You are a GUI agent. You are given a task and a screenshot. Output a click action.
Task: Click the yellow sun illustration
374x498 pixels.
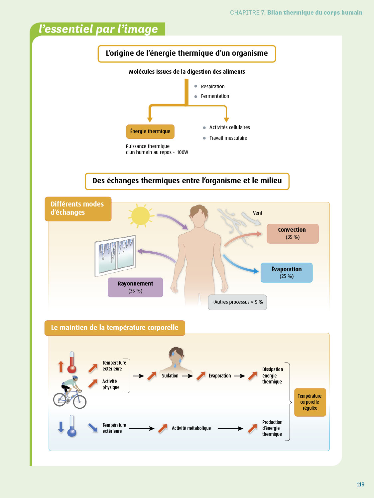pos(141,216)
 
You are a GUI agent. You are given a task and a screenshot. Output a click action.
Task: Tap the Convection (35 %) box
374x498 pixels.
pos(293,233)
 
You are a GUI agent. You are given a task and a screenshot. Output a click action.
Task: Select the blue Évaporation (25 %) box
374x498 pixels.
pos(286,273)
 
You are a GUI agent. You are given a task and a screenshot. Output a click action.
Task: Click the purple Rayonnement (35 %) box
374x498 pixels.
pos(135,287)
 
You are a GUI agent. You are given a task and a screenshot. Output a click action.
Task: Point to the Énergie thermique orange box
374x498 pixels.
pos(150,131)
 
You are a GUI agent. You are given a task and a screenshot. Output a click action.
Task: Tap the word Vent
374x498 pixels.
pos(257,213)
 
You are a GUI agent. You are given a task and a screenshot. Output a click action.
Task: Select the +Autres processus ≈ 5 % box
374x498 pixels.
pos(237,302)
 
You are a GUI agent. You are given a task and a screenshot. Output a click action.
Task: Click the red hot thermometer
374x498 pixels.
pos(72,363)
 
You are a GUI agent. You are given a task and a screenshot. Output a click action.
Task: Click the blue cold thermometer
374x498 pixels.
pos(72,426)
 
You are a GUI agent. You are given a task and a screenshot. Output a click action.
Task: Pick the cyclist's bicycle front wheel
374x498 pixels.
pos(80,402)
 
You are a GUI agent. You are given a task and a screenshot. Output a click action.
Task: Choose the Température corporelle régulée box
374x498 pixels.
pos(310,402)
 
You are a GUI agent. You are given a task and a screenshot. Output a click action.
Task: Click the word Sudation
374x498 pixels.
pos(170,376)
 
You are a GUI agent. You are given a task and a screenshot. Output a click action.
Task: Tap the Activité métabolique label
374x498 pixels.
pos(191,428)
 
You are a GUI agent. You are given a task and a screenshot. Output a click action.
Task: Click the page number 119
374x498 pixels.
pos(360,484)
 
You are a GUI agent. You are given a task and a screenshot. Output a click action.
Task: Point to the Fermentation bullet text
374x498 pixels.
pos(215,96)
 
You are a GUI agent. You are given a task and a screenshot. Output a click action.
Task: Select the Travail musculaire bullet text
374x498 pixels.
pos(228,138)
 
